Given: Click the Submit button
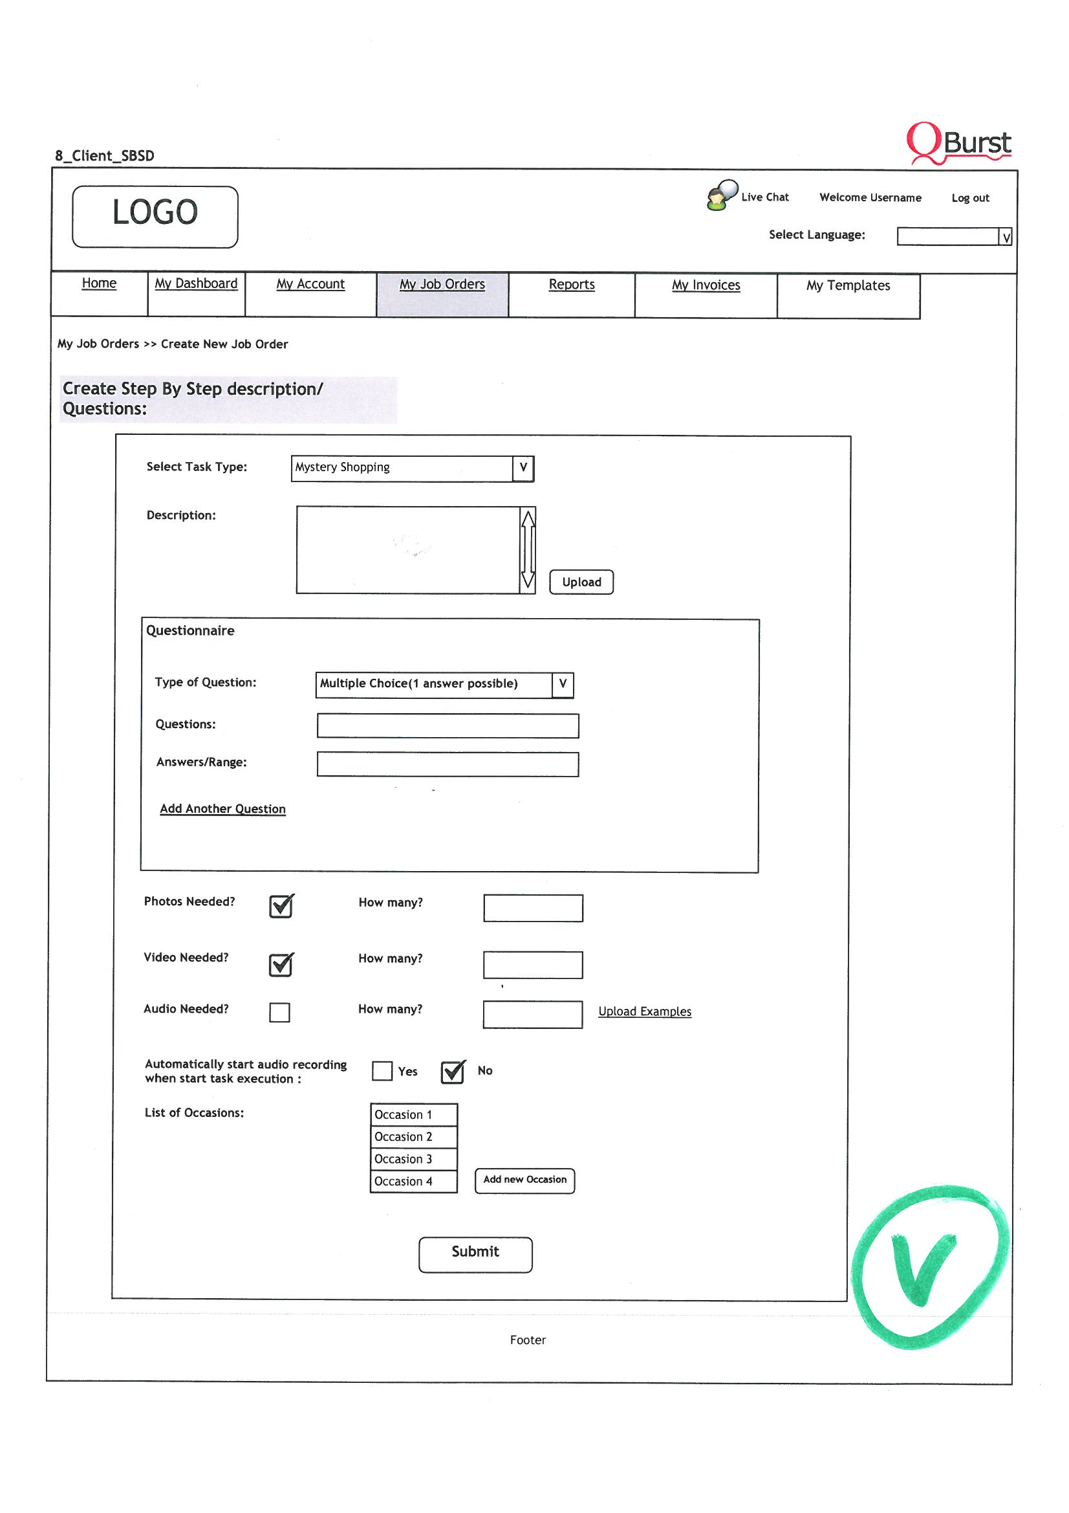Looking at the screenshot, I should point(475,1254).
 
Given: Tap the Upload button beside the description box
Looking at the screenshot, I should point(581,582).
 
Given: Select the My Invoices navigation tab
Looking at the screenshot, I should point(706,285).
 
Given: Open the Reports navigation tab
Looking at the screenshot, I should point(571,285).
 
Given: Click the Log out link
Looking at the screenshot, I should point(969,197).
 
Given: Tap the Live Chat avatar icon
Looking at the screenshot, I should point(720,195).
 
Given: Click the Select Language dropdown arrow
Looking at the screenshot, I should point(1005,237).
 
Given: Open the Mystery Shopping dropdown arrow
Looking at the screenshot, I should point(523,468).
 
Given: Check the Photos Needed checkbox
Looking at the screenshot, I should point(281,907).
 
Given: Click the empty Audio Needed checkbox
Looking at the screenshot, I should point(279,1012).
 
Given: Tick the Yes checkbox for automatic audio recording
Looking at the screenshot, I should point(382,1071).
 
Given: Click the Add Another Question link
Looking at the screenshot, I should point(222,808).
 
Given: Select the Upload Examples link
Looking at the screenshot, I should point(644,1011).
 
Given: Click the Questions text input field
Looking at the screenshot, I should point(448,725).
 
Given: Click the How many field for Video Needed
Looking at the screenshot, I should point(532,965).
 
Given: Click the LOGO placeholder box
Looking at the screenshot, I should point(155,216).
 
